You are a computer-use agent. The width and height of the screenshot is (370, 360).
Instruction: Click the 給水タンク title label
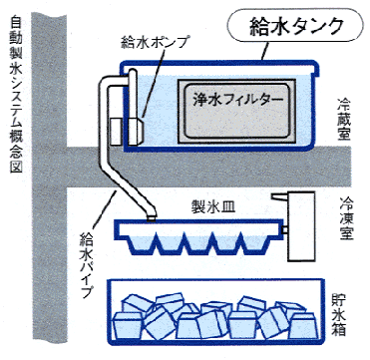tap(296, 27)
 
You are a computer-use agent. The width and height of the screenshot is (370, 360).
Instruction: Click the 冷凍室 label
tap(346, 217)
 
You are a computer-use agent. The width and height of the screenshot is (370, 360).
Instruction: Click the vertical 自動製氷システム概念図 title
tap(16, 94)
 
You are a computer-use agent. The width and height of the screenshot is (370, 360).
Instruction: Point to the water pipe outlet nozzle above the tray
tap(152, 218)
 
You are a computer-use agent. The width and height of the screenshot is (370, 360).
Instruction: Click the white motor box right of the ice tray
tap(301, 226)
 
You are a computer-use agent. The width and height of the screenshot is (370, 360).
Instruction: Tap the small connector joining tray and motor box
tap(285, 229)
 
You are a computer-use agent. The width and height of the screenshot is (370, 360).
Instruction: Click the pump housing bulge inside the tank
tap(137, 131)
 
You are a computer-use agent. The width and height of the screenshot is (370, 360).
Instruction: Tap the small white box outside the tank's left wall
tap(117, 131)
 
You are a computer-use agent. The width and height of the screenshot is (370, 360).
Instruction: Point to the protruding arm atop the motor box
tap(280, 196)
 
